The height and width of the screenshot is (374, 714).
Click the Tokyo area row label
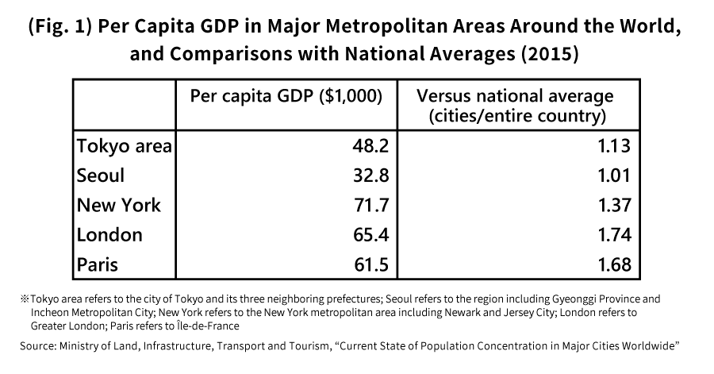(125, 146)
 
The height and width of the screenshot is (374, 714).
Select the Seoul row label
(101, 175)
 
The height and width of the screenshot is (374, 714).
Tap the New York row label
(118, 205)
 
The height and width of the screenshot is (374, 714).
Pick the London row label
(109, 234)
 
